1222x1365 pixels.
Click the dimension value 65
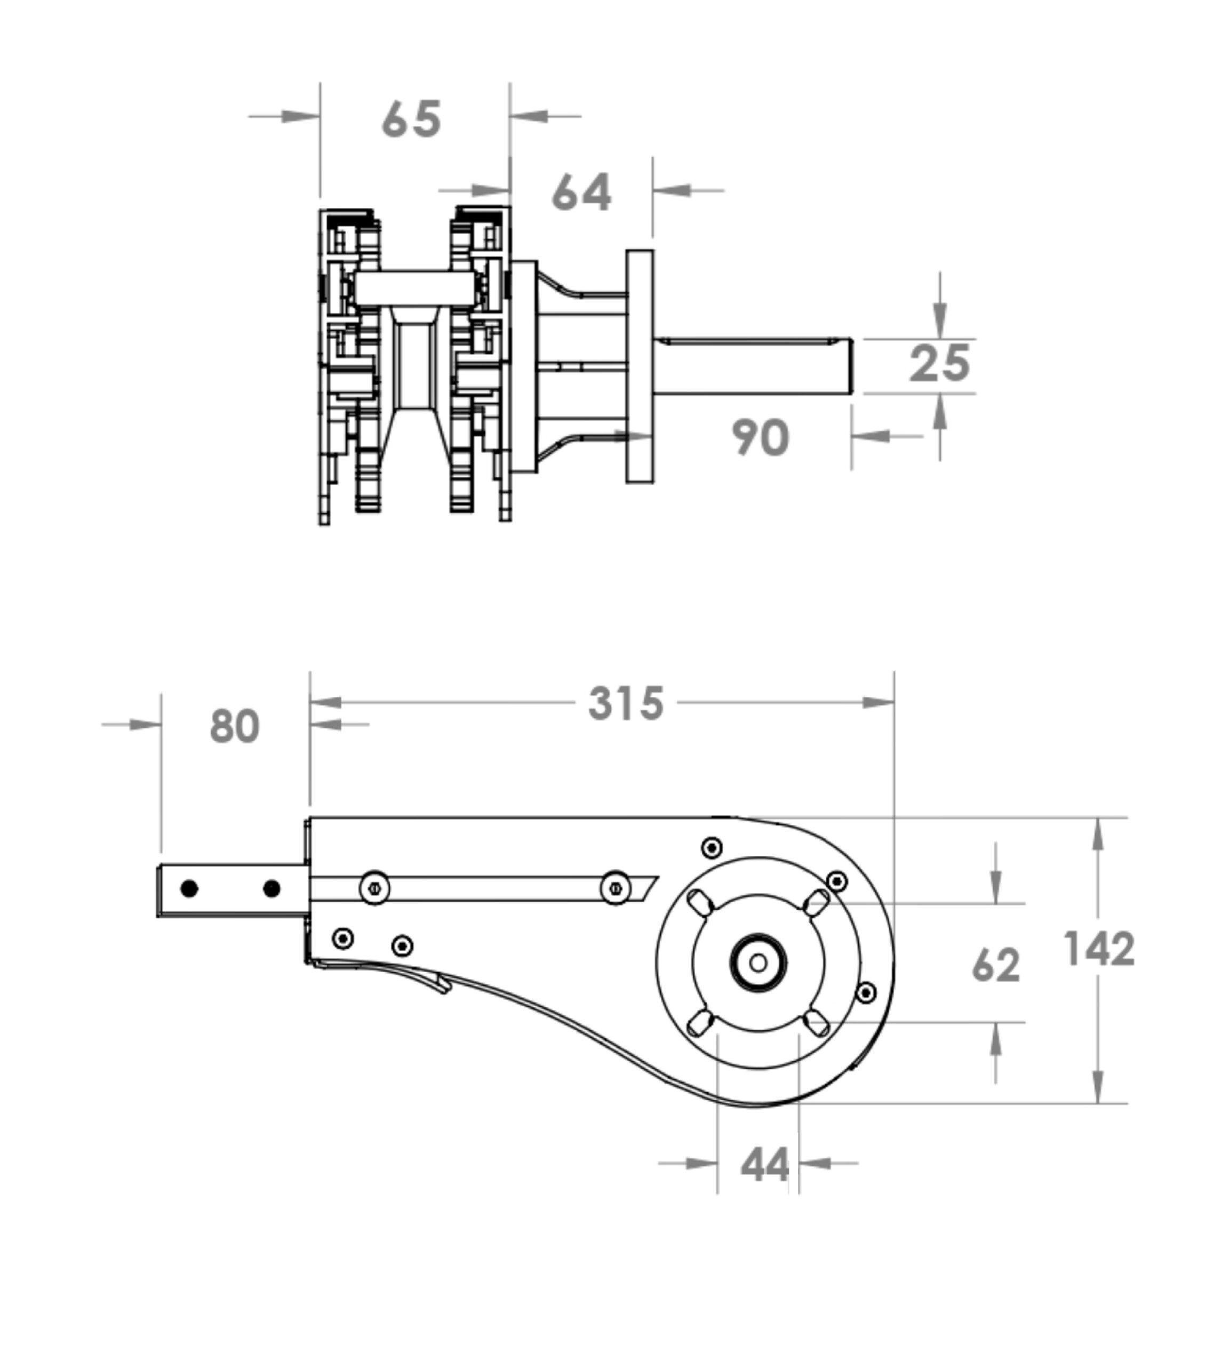click(x=412, y=119)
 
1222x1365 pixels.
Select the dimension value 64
click(x=581, y=192)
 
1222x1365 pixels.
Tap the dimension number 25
click(x=939, y=364)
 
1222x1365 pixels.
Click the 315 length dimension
click(x=626, y=703)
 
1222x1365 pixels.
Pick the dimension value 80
click(x=234, y=726)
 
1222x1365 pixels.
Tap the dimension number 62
click(x=996, y=966)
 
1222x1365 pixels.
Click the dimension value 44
click(x=765, y=1166)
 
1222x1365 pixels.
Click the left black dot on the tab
click(x=189, y=889)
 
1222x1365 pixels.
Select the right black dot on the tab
click(x=271, y=889)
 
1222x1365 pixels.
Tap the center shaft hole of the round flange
click(x=758, y=963)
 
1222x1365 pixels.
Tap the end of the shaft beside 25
click(x=851, y=366)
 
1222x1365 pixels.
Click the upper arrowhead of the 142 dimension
click(x=1097, y=835)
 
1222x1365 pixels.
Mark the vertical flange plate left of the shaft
click(x=639, y=366)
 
